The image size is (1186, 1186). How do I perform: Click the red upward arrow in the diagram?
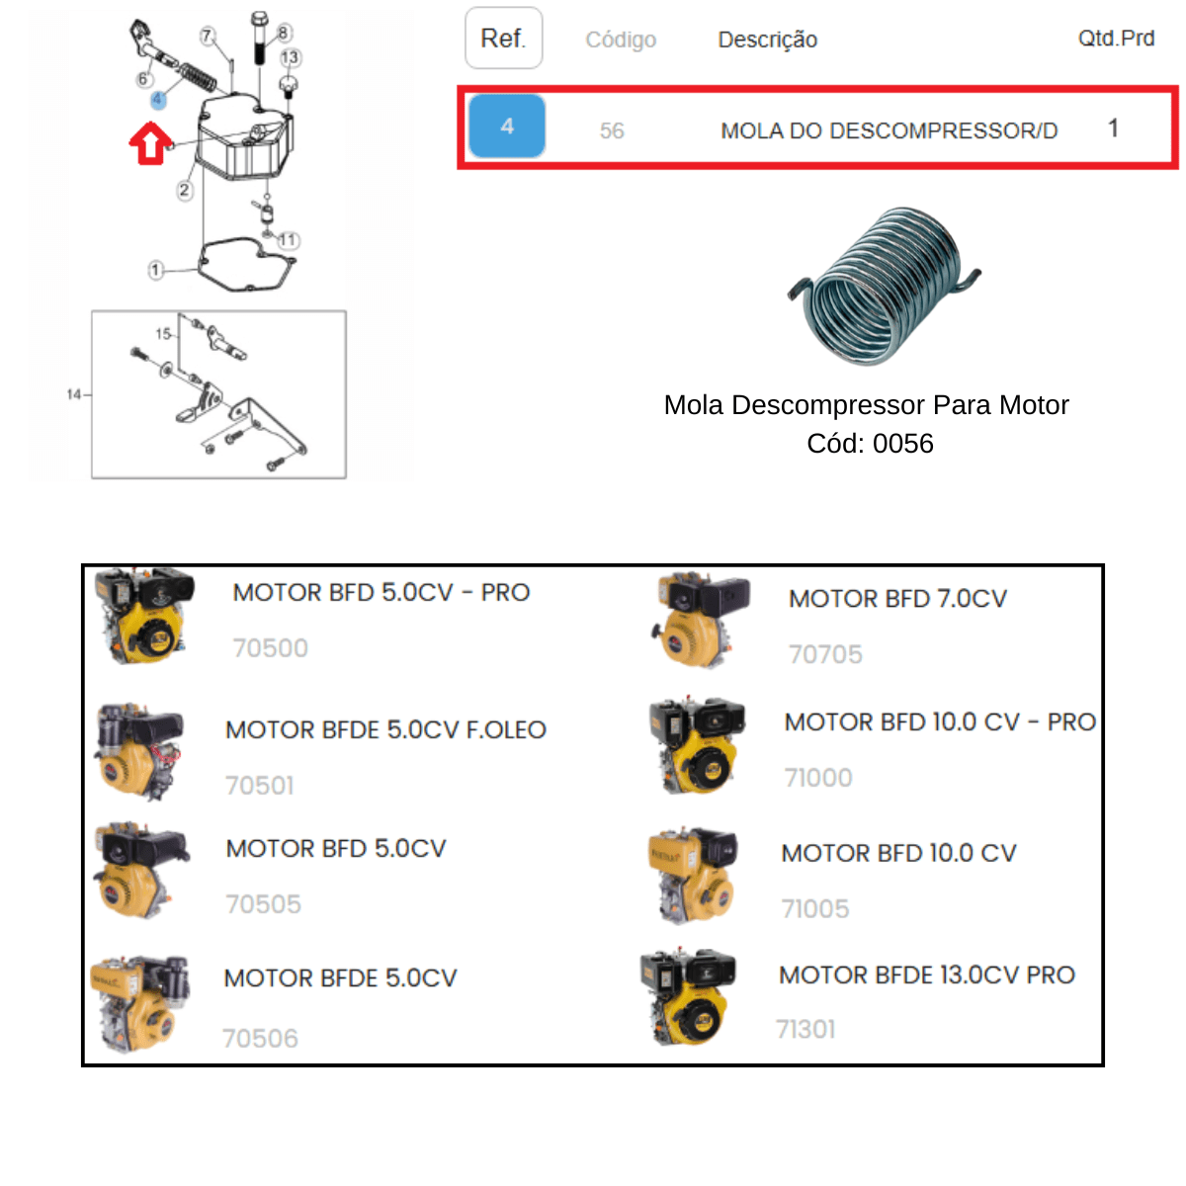click(x=150, y=143)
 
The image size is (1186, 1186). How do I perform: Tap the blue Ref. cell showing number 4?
click(x=507, y=127)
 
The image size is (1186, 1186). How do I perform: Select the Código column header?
click(x=621, y=40)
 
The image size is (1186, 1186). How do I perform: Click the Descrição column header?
click(x=768, y=40)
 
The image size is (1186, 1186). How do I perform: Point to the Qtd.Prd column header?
click(x=1116, y=39)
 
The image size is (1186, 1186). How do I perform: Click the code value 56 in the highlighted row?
click(x=612, y=130)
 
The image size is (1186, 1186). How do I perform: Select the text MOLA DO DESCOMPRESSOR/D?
click(x=889, y=130)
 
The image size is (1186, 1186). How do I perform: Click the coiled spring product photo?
click(x=884, y=287)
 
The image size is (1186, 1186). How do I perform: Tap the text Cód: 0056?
click(x=870, y=443)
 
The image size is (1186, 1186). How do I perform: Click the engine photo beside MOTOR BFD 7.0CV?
click(x=701, y=620)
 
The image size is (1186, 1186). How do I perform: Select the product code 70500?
click(x=270, y=647)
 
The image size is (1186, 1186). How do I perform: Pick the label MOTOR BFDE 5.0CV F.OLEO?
click(x=385, y=729)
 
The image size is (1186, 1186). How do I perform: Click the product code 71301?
click(x=805, y=1029)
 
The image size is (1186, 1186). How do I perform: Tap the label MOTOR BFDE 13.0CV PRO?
click(x=927, y=974)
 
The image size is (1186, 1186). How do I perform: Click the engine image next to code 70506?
click(x=140, y=1004)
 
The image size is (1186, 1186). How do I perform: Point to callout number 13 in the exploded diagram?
click(x=290, y=58)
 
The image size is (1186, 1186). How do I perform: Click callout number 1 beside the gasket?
click(x=156, y=270)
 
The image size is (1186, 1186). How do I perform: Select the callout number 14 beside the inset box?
click(x=74, y=394)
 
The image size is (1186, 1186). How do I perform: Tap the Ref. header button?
click(x=503, y=39)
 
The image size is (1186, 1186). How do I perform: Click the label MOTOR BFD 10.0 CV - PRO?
click(x=940, y=721)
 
